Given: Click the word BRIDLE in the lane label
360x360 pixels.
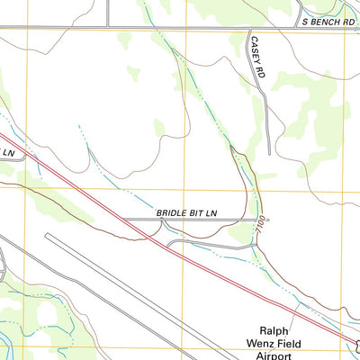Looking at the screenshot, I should (174, 211).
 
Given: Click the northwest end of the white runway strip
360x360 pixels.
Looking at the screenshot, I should (47, 236).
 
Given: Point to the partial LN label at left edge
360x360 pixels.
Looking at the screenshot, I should (8, 154).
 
